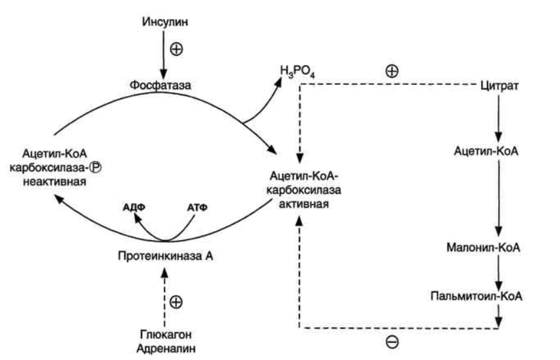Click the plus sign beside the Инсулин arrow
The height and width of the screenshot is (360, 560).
click(x=176, y=49)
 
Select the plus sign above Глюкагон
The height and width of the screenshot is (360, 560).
click(x=176, y=302)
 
